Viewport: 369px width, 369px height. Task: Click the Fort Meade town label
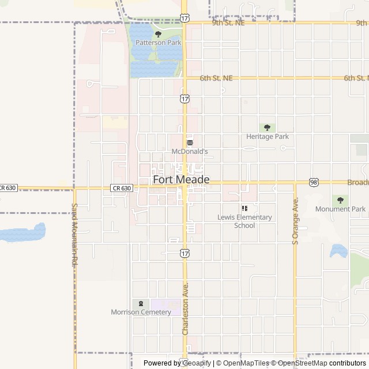click(181, 180)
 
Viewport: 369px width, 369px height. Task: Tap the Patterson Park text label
click(158, 43)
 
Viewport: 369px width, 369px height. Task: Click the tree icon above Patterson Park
click(158, 34)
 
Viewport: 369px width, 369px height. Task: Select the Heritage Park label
click(267, 137)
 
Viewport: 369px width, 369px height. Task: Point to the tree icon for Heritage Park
click(266, 127)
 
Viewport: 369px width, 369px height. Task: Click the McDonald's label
click(189, 152)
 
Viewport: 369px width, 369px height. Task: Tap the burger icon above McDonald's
click(189, 142)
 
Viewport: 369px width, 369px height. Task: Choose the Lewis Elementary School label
click(244, 221)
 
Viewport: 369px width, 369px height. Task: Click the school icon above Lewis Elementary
click(244, 208)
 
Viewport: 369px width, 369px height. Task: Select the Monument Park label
click(340, 209)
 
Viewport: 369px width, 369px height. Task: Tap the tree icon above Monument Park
click(340, 200)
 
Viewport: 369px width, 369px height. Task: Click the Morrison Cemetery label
click(141, 312)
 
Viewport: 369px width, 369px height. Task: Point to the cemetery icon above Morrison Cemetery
click(140, 303)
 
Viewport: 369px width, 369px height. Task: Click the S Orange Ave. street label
click(295, 222)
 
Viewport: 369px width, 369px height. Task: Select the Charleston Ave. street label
click(186, 308)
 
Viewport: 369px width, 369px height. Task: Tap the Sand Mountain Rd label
click(74, 235)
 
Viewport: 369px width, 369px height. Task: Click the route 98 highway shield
click(313, 182)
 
